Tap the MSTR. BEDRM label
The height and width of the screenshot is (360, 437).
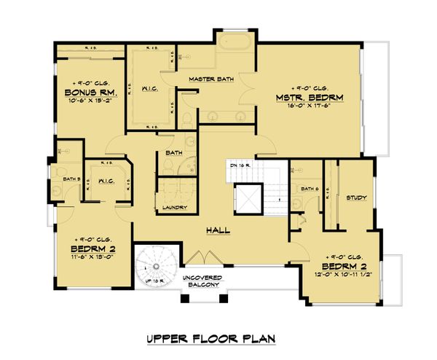310,97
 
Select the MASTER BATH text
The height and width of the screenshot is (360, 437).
211,79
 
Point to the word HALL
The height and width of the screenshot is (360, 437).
218,230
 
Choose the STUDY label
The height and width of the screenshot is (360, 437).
357,197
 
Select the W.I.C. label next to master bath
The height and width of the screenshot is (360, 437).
143,90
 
